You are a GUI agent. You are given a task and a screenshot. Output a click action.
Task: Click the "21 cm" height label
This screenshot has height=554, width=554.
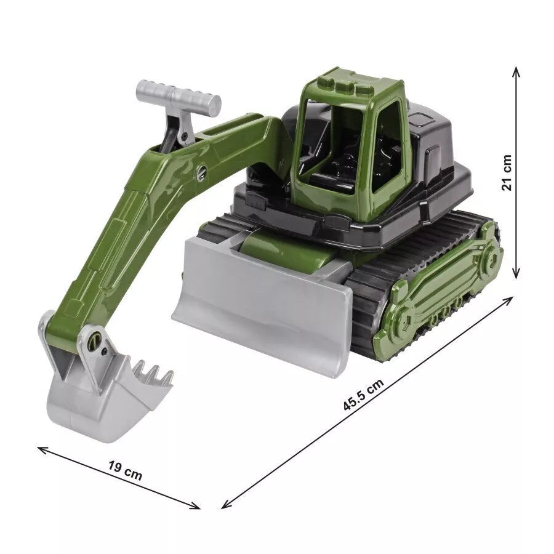tap(507, 172)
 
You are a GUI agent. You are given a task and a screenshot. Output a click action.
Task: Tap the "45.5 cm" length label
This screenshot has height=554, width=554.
tap(363, 395)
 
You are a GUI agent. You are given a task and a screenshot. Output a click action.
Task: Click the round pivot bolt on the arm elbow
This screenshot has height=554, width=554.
tap(202, 172)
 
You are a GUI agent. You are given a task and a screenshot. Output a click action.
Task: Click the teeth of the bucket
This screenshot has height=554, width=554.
tap(154, 372)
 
